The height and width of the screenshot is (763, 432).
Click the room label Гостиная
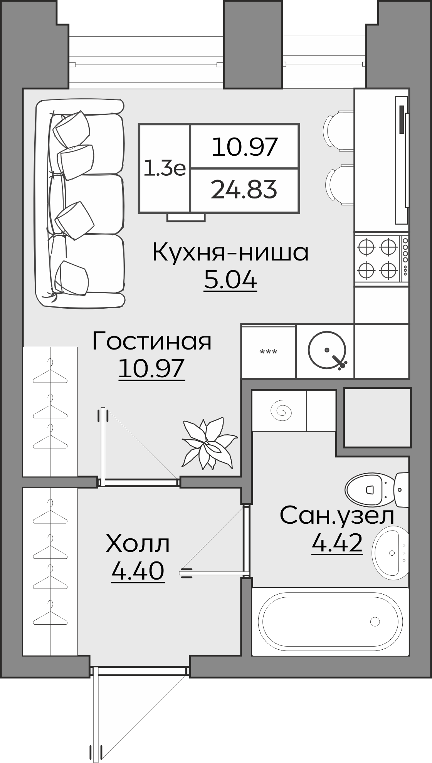pos(152,341)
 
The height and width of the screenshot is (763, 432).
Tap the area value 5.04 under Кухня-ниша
pos(230,280)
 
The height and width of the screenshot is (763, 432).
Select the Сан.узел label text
pos(337,516)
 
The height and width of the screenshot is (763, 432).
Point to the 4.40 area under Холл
pos(138,571)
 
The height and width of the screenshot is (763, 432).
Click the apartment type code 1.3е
pos(165,168)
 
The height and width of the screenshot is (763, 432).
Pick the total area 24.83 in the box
pos(244,190)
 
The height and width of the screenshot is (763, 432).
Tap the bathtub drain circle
pos(375,621)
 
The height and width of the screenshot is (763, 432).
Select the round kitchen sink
pos(327,350)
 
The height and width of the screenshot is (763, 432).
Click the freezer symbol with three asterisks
pos(268,352)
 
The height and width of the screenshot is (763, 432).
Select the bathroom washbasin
pos(390,553)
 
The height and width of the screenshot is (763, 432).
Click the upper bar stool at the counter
pos(339,131)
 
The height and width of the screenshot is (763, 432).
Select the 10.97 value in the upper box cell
pos(245,147)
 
